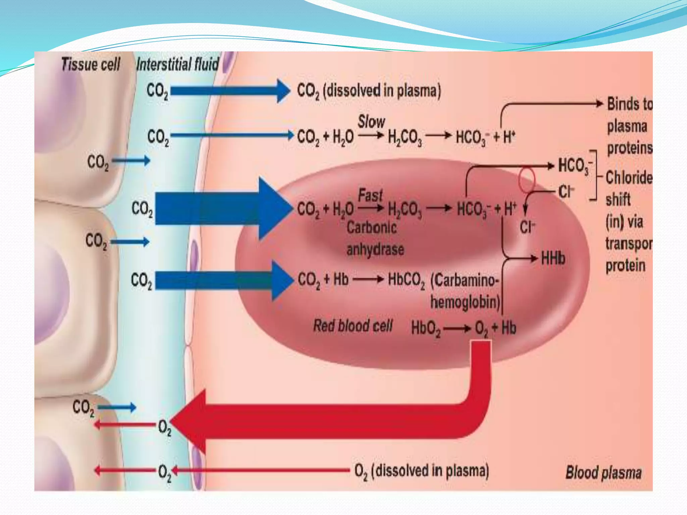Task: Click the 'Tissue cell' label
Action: [x=91, y=64]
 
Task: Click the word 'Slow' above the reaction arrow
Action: [x=371, y=121]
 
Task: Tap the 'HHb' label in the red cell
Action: [x=553, y=259]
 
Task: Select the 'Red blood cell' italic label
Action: [x=353, y=326]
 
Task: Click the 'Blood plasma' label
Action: [x=603, y=473]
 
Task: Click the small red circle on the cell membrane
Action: [x=527, y=179]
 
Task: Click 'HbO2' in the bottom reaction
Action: [x=425, y=328]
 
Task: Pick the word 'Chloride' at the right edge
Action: [x=629, y=177]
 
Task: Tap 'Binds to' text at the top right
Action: [x=629, y=104]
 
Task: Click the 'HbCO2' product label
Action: [x=406, y=280]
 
